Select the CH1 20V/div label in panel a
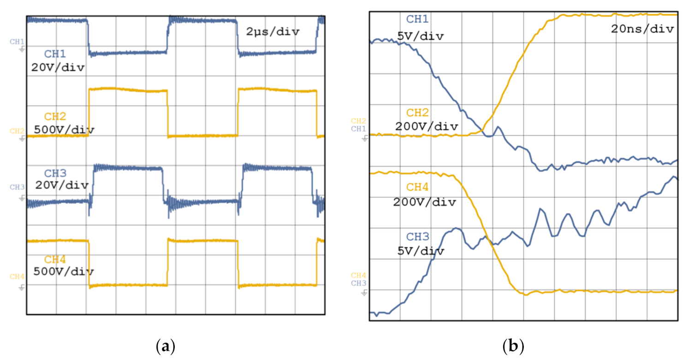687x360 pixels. (58, 61)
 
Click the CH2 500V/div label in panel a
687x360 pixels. (64, 124)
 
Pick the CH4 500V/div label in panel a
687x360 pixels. (64, 265)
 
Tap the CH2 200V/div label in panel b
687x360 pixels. (426, 120)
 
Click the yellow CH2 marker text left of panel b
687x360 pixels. (358, 121)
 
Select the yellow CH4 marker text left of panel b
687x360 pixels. (358, 276)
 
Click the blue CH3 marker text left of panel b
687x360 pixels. (358, 283)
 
